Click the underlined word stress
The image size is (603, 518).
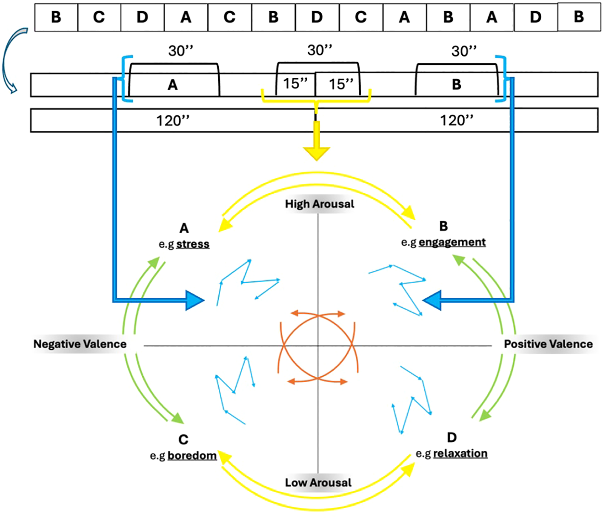tap(193, 244)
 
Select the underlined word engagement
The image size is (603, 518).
tap(452, 242)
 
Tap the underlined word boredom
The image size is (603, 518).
tap(192, 456)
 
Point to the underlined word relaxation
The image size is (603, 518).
tap(460, 454)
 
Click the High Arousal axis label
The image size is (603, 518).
tap(319, 204)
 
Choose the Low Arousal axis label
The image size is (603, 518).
tap(318, 483)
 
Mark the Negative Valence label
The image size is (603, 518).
tap(80, 344)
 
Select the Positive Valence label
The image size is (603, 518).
tap(548, 344)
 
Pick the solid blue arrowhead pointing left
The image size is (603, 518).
tap(432, 300)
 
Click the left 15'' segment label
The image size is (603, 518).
tap(295, 83)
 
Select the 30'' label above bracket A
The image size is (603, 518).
tap(181, 51)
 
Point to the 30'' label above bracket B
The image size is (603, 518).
tap(464, 51)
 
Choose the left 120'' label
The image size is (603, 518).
tap(173, 121)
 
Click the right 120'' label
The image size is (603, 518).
tap(457, 120)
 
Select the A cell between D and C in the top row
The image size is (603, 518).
tap(186, 17)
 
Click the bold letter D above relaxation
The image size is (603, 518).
tap(452, 438)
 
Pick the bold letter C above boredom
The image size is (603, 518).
tap(183, 440)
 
